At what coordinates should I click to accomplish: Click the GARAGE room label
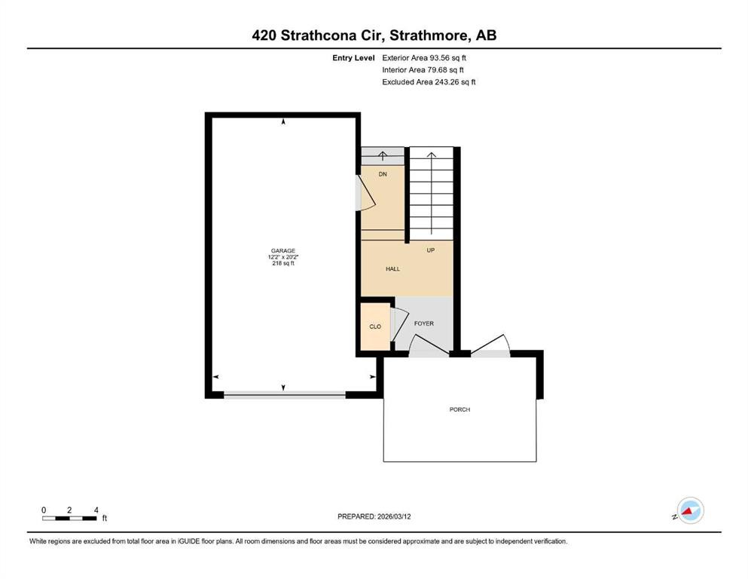pos(283,250)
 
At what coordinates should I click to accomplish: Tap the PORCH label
pos(459,409)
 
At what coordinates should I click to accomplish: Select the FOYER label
pos(424,323)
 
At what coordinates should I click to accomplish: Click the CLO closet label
pos(375,326)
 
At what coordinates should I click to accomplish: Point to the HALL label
pos(392,268)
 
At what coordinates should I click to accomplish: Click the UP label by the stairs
pos(431,250)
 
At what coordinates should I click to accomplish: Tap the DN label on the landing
pos(383,174)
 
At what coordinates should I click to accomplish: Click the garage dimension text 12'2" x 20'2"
pos(283,257)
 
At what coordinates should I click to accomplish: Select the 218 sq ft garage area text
pos(283,263)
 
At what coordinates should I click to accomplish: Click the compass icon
pos(690,510)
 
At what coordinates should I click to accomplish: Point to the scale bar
pos(70,518)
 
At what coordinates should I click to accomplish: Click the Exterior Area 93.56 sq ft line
pos(429,57)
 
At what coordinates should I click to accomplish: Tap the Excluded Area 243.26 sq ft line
pos(429,81)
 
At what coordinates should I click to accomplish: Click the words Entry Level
pos(353,57)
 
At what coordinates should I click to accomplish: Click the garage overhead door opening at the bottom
pos(284,394)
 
